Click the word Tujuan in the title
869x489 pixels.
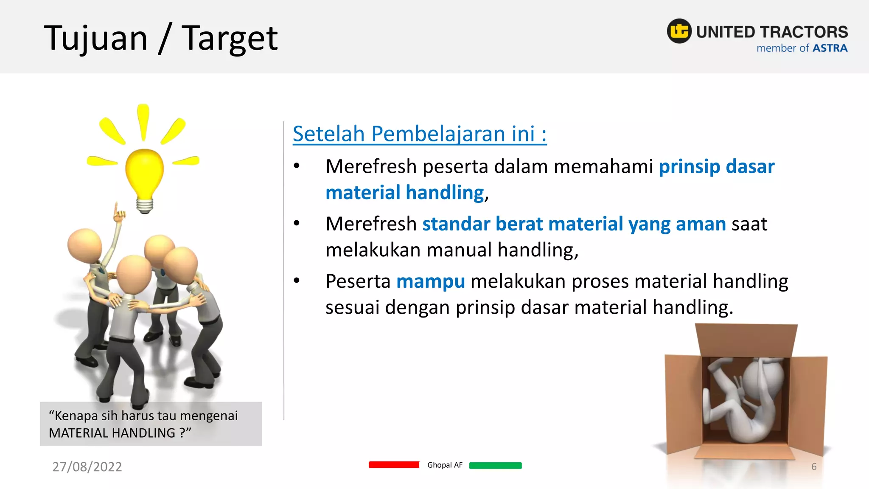96,38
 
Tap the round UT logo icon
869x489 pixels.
679,31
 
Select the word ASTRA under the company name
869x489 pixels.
830,48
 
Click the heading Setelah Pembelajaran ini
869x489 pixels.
419,134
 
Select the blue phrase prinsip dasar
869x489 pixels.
716,166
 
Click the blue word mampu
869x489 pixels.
430,281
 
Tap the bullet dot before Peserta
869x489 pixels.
297,280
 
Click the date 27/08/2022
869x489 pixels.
87,467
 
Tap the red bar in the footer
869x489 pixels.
394,465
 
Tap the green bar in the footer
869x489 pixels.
495,465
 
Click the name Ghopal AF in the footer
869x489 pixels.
445,465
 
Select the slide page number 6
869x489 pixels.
813,467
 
